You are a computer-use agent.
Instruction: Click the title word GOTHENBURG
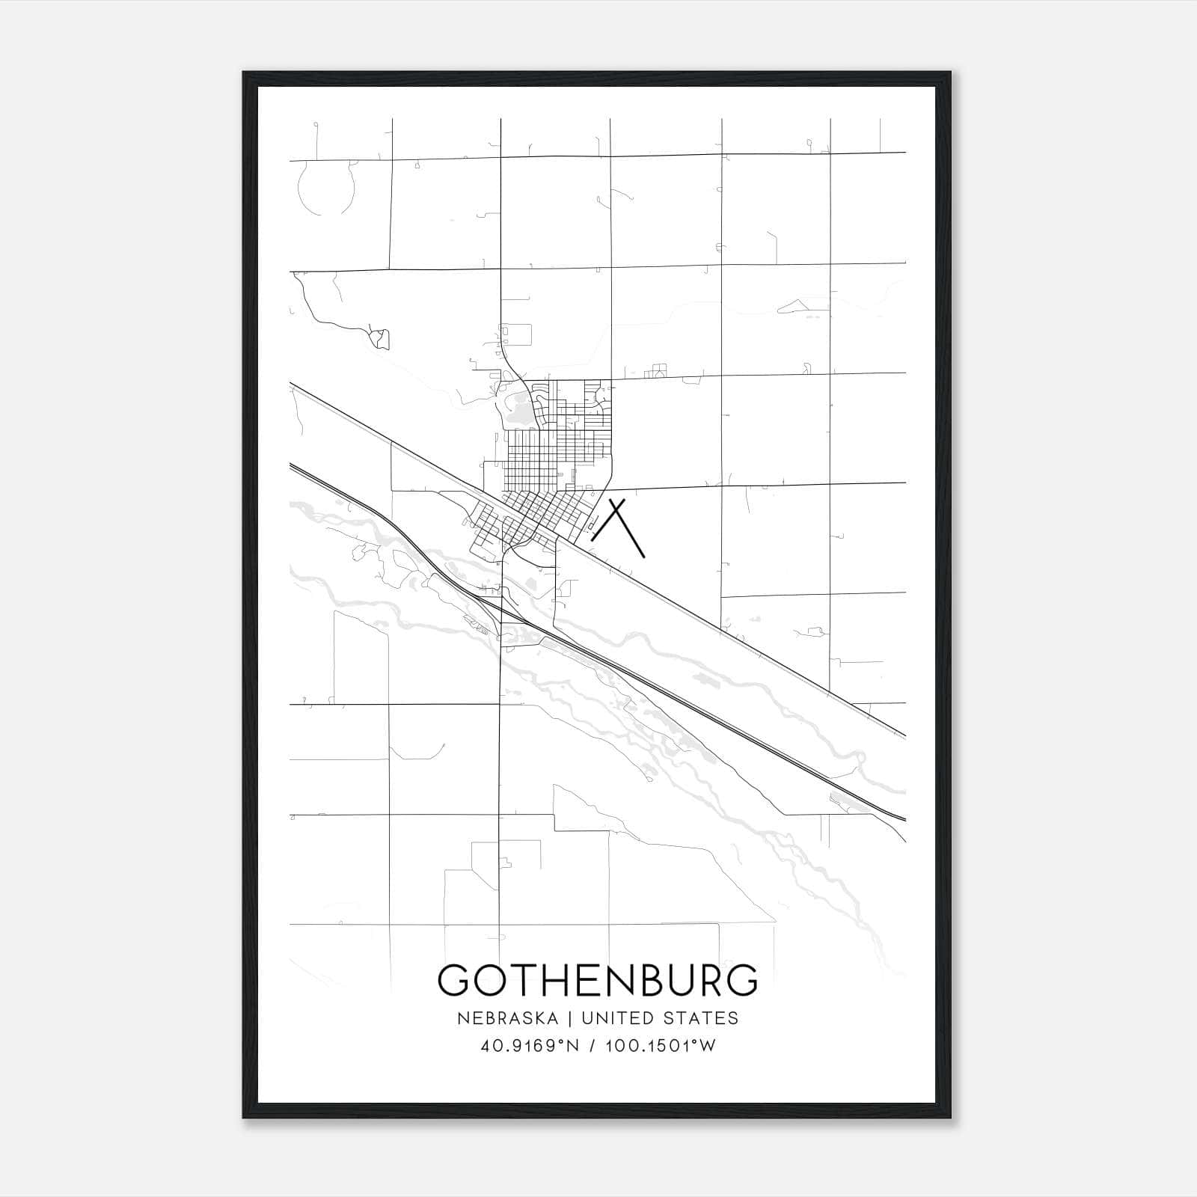[x=597, y=980]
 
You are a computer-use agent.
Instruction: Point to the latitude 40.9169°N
[x=530, y=1046]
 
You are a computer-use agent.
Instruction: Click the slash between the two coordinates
[x=593, y=1046]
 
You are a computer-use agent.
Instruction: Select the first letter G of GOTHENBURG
[x=456, y=980]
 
